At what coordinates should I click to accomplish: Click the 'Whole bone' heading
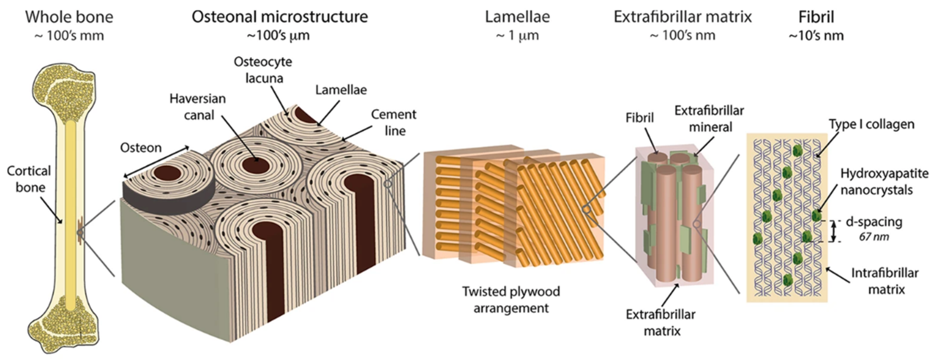[69, 17]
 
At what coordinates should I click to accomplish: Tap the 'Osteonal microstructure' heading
[279, 17]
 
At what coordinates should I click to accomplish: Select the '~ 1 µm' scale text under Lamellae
[517, 36]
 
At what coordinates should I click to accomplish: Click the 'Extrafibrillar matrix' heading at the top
[682, 17]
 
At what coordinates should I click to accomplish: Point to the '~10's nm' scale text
[816, 36]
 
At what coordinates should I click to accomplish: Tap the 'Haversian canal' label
[198, 107]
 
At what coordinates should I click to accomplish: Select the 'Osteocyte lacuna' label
[263, 70]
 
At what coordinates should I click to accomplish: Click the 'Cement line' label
[394, 122]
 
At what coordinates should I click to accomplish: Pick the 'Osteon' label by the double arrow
[141, 148]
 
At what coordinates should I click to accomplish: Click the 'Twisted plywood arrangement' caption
[511, 299]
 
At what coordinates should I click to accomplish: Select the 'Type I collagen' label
[871, 124]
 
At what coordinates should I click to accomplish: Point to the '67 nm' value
[874, 237]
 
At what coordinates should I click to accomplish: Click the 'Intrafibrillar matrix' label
[885, 281]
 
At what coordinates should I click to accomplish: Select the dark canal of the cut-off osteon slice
[167, 173]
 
